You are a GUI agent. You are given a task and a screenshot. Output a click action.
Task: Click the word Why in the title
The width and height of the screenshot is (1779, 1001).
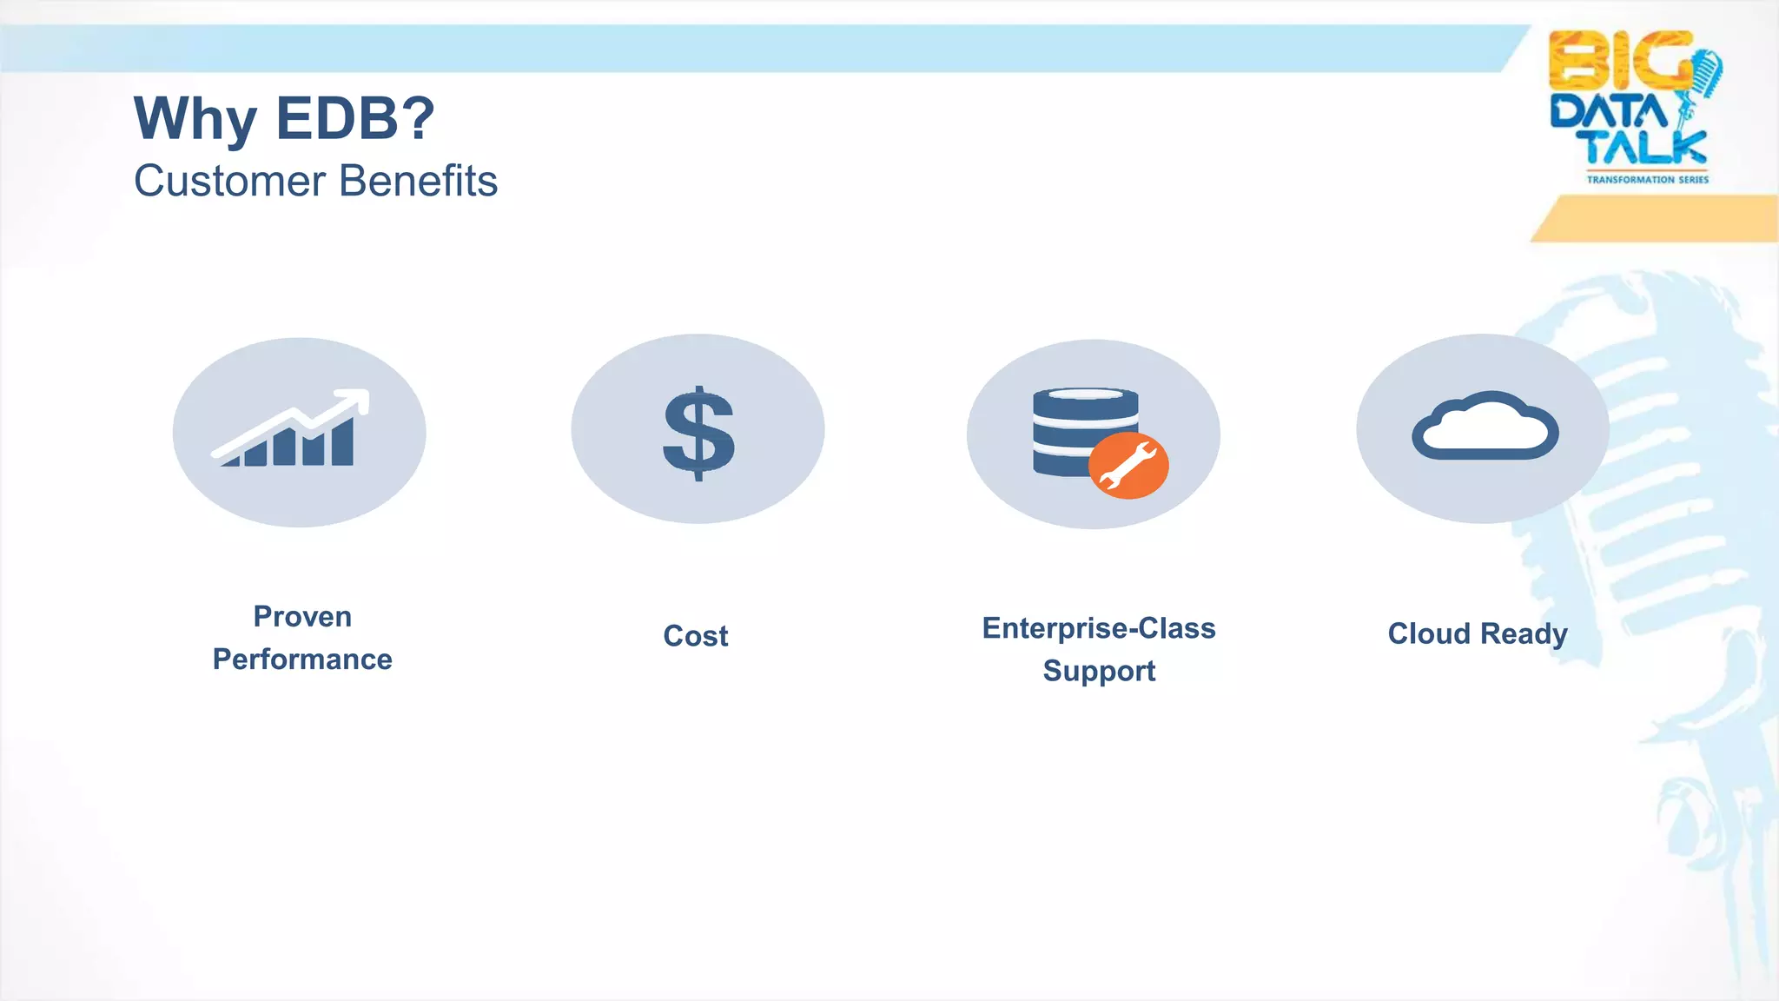[195, 119]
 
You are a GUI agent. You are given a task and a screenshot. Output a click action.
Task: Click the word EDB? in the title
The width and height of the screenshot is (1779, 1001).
[355, 119]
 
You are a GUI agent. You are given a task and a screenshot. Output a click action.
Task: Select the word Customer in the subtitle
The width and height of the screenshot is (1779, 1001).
[230, 182]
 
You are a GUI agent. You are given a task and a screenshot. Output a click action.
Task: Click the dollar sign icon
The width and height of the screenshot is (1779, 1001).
[698, 433]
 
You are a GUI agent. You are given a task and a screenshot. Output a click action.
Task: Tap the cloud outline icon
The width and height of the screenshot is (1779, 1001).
[1485, 428]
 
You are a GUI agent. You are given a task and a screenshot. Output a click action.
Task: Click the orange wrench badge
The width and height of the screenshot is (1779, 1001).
[1128, 466]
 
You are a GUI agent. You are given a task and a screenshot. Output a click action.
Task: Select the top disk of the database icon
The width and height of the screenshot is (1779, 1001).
[1086, 401]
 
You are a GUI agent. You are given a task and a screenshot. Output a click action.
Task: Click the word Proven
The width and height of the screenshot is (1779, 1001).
[302, 617]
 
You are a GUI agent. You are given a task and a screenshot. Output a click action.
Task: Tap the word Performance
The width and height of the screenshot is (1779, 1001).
[302, 660]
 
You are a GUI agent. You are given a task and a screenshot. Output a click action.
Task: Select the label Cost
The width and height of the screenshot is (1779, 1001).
[696, 636]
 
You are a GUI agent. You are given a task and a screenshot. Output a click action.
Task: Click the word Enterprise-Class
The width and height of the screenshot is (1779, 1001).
[1099, 628]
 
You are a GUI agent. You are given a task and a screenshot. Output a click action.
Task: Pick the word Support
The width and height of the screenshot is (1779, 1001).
[1099, 672]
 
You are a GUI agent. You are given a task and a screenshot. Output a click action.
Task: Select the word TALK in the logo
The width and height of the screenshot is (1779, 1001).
[1645, 148]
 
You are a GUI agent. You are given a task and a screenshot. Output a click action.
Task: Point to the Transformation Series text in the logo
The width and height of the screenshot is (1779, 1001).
[1647, 180]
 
